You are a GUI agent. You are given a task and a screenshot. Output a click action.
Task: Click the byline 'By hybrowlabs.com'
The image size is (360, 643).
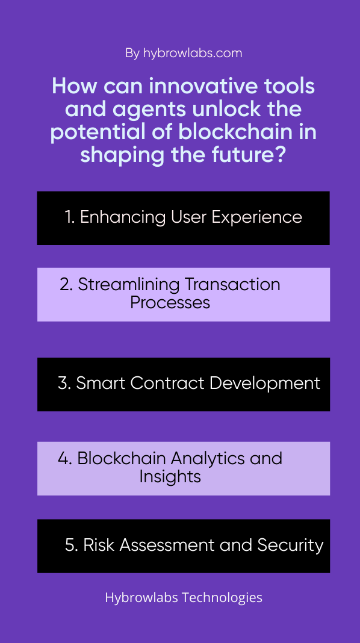click(x=184, y=54)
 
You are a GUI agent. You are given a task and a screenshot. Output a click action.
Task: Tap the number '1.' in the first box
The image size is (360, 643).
click(x=70, y=217)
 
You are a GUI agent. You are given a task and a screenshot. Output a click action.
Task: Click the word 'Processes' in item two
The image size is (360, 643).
click(x=170, y=303)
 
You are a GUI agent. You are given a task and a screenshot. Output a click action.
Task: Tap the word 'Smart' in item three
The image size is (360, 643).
click(x=101, y=383)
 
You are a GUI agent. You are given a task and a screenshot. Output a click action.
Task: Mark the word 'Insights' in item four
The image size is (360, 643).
click(x=170, y=477)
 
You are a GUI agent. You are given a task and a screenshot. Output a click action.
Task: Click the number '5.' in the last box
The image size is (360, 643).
click(x=72, y=545)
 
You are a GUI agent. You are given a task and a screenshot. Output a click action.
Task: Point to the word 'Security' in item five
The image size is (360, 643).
click(x=290, y=545)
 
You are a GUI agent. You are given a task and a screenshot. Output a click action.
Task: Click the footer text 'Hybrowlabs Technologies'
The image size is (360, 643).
click(x=184, y=597)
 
